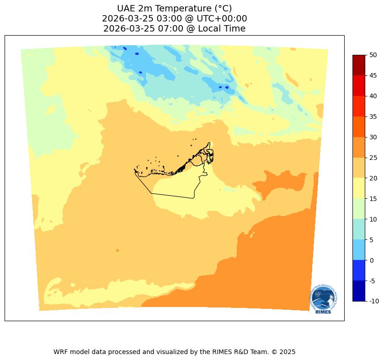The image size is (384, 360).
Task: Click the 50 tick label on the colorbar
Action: [x=373, y=55]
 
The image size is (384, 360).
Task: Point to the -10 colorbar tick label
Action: [x=374, y=301]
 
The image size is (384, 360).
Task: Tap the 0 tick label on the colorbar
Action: [x=371, y=260]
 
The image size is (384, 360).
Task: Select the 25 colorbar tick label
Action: [x=373, y=158]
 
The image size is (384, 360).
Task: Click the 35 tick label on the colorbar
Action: [x=373, y=116]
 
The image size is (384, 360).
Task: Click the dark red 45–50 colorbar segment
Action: [x=359, y=65]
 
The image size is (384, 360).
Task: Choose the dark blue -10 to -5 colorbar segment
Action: [x=359, y=291]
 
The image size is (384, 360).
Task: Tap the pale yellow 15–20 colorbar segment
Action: [x=359, y=188]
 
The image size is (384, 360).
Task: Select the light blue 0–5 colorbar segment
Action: [x=359, y=250]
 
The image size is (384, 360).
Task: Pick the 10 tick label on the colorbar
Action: [x=373, y=219]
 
